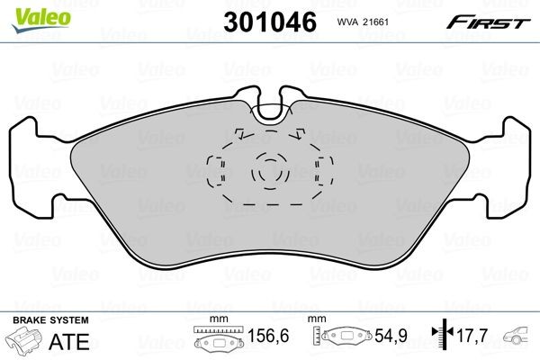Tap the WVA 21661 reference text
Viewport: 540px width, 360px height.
[x=362, y=22]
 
